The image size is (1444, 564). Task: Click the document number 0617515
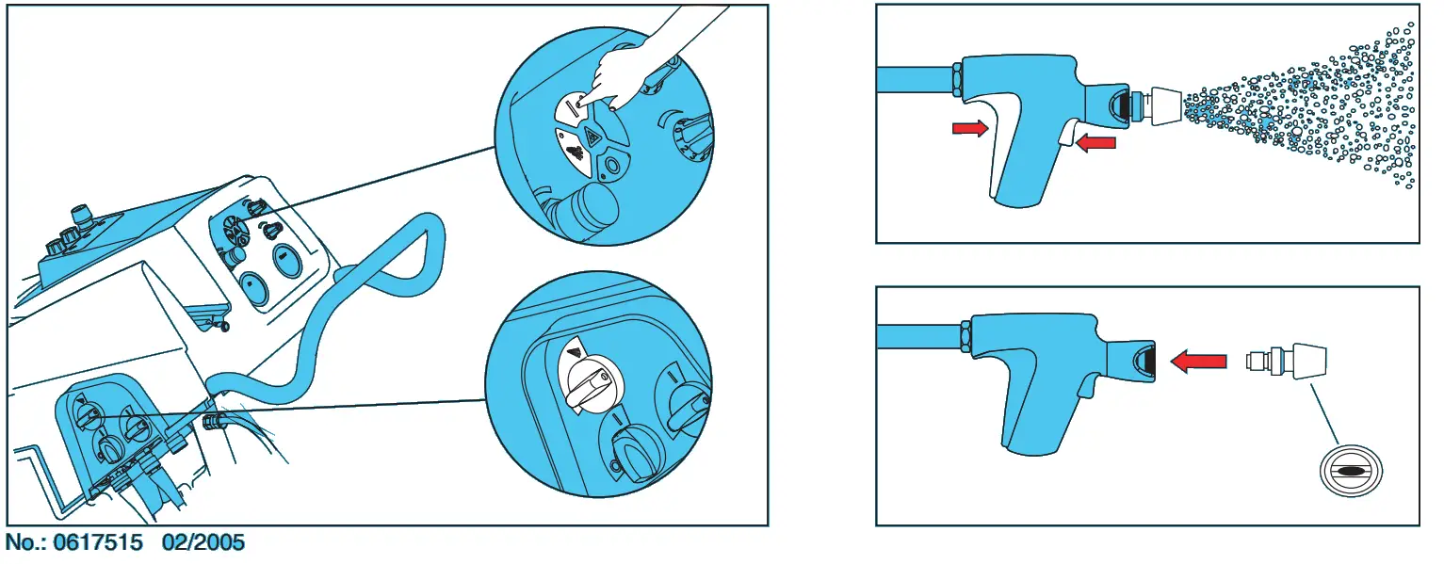click(x=98, y=542)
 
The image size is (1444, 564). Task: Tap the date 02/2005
click(x=203, y=542)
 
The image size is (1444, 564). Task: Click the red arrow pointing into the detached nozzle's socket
click(x=1198, y=361)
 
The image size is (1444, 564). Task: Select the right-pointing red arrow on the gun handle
click(x=970, y=128)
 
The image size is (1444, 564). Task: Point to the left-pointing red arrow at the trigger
click(x=1095, y=142)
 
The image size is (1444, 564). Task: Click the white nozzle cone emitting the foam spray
click(x=1165, y=105)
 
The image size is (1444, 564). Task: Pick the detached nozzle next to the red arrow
click(x=1287, y=361)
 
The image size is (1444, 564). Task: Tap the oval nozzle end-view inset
click(x=1351, y=471)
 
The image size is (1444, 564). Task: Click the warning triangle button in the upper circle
click(x=592, y=136)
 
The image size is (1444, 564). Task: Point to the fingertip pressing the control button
click(x=582, y=100)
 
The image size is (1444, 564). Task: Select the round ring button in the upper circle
click(x=611, y=167)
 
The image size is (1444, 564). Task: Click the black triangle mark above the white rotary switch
click(x=575, y=352)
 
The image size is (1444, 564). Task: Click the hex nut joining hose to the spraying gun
click(x=957, y=78)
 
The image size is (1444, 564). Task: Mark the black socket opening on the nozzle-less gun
click(x=1144, y=361)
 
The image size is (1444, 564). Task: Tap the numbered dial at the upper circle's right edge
click(x=693, y=137)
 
